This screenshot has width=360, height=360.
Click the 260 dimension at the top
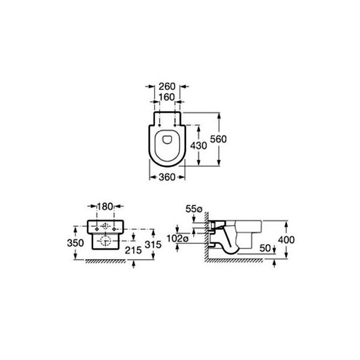167,86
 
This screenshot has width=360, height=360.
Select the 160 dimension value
167,97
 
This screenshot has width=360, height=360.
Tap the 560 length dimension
218,139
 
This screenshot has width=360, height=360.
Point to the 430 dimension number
199,146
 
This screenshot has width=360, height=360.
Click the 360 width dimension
167,177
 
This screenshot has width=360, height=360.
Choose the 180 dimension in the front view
105,206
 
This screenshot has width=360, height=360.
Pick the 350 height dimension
76,243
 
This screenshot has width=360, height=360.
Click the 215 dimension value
133,250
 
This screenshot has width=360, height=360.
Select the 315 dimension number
153,245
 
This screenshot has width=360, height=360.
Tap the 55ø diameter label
194,209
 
